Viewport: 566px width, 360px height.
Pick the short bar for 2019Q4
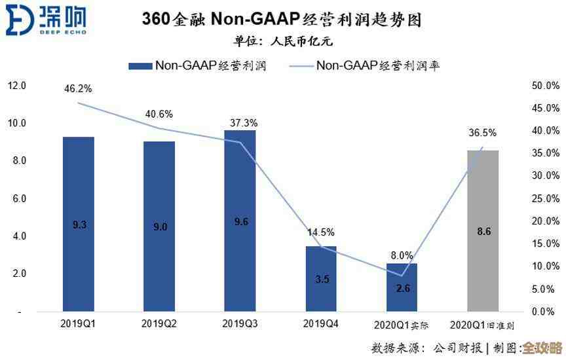pyautogui.click(x=321, y=278)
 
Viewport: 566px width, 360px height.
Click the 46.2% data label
pyautogui.click(x=78, y=88)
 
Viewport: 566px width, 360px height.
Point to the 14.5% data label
pyautogui.click(x=321, y=232)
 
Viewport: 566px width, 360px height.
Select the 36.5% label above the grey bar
pyautogui.click(x=483, y=133)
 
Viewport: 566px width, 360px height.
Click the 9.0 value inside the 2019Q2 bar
pyautogui.click(x=160, y=226)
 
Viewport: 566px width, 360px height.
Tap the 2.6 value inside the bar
pyautogui.click(x=402, y=288)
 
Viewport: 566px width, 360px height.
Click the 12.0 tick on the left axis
pyautogui.click(x=16, y=86)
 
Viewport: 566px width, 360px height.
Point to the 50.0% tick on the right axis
pyautogui.click(x=545, y=86)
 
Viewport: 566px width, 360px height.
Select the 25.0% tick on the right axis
pyautogui.click(x=545, y=198)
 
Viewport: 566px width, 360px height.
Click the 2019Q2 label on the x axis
pyautogui.click(x=160, y=323)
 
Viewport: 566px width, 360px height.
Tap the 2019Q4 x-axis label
pyautogui.click(x=321, y=323)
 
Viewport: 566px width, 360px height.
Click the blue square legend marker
pyautogui.click(x=140, y=65)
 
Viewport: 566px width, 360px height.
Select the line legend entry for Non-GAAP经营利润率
pyautogui.click(x=367, y=65)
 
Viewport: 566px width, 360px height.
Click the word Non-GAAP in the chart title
pyautogui.click(x=253, y=20)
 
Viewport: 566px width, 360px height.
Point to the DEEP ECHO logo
pyautogui.click(x=46, y=20)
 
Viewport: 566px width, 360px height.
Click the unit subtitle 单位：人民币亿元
pyautogui.click(x=283, y=41)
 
